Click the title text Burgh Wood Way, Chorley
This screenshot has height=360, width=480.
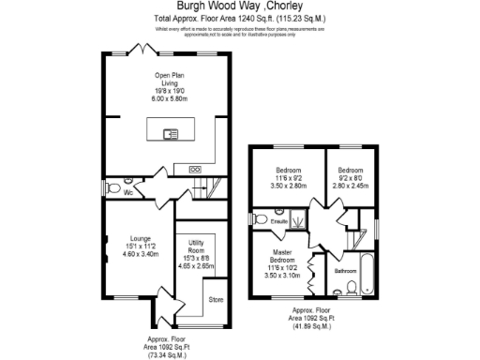coord(240,7)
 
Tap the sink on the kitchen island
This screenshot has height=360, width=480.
coord(171,134)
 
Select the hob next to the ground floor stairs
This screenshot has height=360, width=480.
coord(195,169)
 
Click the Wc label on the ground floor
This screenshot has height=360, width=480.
coord(128,192)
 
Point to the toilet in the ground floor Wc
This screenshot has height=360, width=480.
coord(114,187)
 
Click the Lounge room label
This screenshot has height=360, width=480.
coord(141,238)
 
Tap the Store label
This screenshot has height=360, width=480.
coord(216,300)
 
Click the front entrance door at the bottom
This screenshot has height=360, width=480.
coord(168,307)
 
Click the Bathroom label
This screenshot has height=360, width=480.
coord(346,271)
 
